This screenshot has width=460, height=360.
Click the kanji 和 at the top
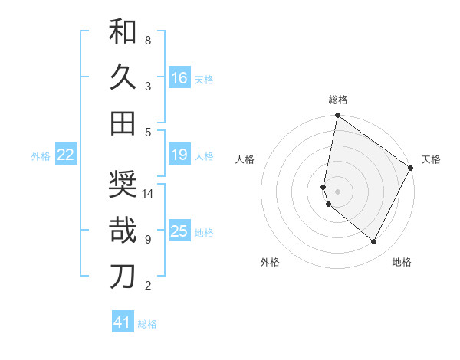[123, 31]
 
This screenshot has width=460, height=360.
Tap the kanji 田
[123, 123]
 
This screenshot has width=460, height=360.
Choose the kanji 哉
[123, 231]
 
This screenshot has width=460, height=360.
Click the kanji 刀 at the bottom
[123, 277]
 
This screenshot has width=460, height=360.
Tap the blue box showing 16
[179, 77]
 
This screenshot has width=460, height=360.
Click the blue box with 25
[179, 231]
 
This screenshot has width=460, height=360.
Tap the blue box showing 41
[123, 322]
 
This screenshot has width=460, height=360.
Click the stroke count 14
[149, 193]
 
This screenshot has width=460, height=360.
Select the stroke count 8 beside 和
[148, 40]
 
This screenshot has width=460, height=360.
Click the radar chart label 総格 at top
[338, 100]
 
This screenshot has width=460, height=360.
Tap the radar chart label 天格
[431, 159]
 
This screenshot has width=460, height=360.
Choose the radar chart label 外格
[270, 262]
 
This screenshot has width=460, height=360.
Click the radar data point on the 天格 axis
[411, 168]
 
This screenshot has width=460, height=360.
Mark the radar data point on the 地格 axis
[374, 242]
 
